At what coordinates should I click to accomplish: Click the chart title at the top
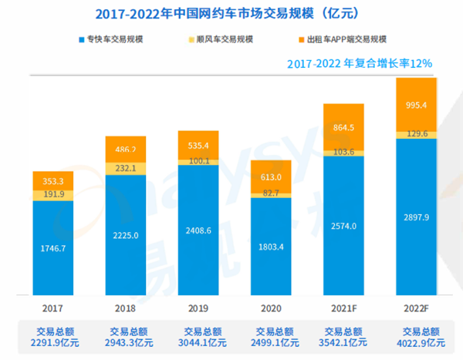[231, 13]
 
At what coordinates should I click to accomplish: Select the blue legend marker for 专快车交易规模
[81, 39]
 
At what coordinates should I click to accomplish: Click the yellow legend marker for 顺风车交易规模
[190, 39]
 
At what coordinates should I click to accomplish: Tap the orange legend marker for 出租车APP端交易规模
[299, 39]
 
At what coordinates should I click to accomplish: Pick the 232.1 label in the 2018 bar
[126, 167]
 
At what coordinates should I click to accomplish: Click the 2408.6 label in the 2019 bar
[198, 230]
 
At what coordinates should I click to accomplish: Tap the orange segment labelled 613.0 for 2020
[271, 176]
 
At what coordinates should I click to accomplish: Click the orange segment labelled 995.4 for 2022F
[416, 104]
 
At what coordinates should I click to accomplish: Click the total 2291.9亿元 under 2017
[53, 341]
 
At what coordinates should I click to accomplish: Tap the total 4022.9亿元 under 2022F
[416, 341]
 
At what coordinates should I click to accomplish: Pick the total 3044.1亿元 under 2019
[198, 341]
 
